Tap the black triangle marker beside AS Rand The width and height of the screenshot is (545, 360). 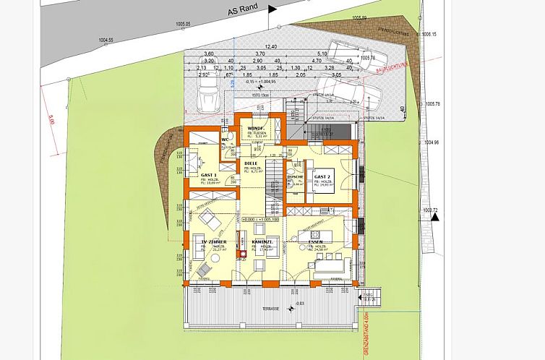[x=272, y=9]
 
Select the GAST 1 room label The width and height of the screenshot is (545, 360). [x=209, y=176]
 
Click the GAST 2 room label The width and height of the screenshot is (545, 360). [x=322, y=177]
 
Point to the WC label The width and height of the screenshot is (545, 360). [x=225, y=140]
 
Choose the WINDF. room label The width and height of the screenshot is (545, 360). [x=258, y=128]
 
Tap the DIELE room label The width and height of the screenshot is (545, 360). [x=251, y=164]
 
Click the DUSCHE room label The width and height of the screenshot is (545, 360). [x=295, y=176]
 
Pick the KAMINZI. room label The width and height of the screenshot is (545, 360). [x=261, y=241]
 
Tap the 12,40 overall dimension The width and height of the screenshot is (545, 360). [x=271, y=47]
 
